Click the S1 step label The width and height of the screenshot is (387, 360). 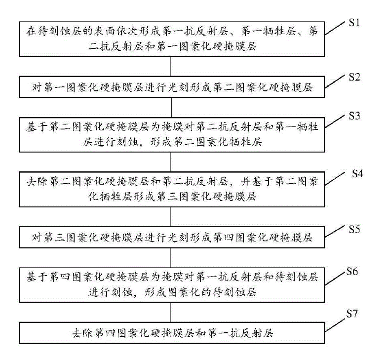click(354, 23)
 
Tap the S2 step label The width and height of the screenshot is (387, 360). click(354, 77)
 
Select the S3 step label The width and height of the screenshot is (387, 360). click(354, 116)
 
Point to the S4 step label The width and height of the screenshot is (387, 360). click(357, 174)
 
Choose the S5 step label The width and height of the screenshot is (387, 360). click(354, 229)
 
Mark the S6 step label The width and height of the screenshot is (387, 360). click(352, 272)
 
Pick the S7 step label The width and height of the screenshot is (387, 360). click(352, 314)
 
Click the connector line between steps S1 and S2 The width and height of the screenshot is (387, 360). click(170, 66)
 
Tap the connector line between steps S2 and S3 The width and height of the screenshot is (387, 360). click(172, 108)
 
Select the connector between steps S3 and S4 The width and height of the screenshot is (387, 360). click(170, 162)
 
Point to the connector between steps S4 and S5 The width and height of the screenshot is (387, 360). click(170, 217)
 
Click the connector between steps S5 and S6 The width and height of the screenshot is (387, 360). click(170, 258)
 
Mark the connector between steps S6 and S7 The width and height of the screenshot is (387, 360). click(170, 312)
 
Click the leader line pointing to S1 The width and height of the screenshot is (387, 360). click(335, 28)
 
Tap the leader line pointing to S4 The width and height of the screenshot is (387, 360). click(335, 179)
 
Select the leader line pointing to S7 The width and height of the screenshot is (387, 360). click(335, 325)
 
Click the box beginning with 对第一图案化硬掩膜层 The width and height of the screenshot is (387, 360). click(172, 87)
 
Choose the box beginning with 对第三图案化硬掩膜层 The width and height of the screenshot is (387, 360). click(172, 237)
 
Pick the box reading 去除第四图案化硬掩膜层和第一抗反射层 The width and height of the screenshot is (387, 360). click(172, 333)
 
